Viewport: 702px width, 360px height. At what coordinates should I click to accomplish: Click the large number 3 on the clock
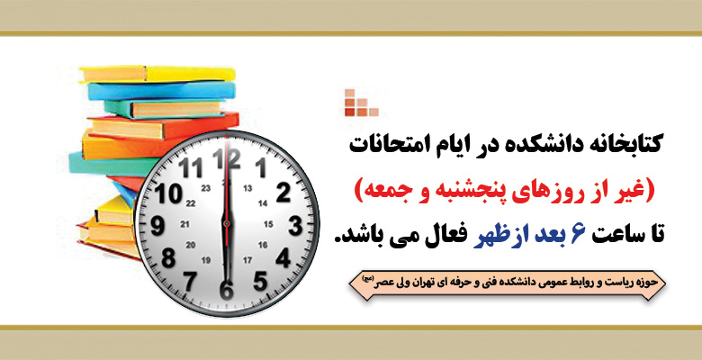pyautogui.click(x=295, y=225)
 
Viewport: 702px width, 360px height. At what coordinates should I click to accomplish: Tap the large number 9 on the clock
pyautogui.click(x=157, y=225)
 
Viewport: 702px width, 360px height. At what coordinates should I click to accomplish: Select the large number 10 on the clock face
pyautogui.click(x=168, y=193)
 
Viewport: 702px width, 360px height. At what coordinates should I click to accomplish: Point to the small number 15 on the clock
pyautogui.click(x=268, y=224)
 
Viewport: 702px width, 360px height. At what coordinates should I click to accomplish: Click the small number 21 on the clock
pyautogui.click(x=184, y=224)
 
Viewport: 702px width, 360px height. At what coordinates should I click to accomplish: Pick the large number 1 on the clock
pyautogui.click(x=261, y=168)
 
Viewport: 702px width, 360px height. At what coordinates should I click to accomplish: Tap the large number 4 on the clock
pyautogui.click(x=283, y=257)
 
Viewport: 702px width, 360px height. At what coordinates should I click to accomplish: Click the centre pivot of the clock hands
pyautogui.click(x=227, y=223)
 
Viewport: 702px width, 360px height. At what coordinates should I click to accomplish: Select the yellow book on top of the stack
pyautogui.click(x=157, y=74)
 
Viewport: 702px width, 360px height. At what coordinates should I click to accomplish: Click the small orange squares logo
pyautogui.click(x=361, y=103)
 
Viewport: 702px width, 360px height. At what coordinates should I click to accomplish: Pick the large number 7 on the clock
pyautogui.click(x=190, y=281)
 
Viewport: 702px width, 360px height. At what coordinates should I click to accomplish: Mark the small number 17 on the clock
pyautogui.click(x=247, y=260)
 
